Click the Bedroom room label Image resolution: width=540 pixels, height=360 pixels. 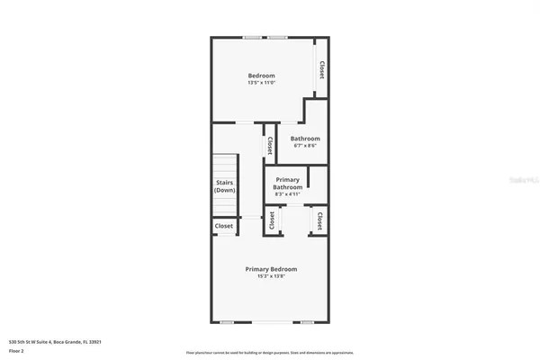262,75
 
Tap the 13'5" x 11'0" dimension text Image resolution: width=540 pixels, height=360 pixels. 262,83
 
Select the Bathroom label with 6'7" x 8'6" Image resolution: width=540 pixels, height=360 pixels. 305,139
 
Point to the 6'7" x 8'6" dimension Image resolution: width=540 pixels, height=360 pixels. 305,146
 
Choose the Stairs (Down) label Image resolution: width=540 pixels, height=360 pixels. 225,186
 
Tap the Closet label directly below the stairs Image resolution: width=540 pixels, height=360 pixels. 224,226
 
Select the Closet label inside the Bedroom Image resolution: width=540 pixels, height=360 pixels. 321,69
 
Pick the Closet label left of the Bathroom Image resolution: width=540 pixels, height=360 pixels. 270,146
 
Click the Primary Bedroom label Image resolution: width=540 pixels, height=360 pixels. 272,268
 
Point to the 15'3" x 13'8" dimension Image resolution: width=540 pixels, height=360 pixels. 272,276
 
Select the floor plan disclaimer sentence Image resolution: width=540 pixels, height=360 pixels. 269,352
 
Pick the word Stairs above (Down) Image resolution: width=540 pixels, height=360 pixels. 225,183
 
